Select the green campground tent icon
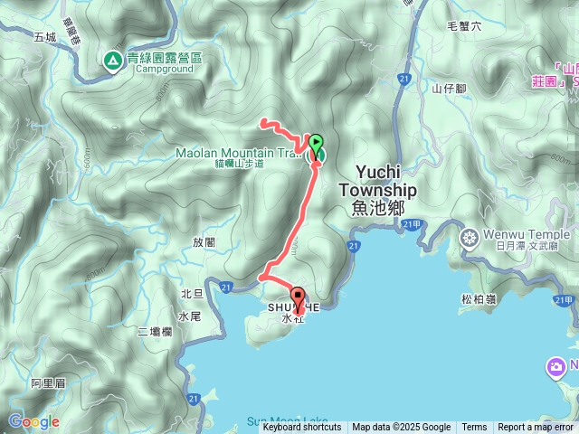[x=112, y=61]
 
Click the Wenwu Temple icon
[x=470, y=238]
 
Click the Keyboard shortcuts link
[x=301, y=428]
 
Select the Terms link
[x=474, y=428]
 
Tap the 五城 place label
[x=44, y=38]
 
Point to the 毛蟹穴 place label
[x=465, y=27]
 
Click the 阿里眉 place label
[x=48, y=383]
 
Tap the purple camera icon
[x=556, y=367]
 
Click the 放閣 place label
[x=204, y=242]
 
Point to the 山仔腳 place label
[x=448, y=88]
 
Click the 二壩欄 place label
[x=155, y=333]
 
